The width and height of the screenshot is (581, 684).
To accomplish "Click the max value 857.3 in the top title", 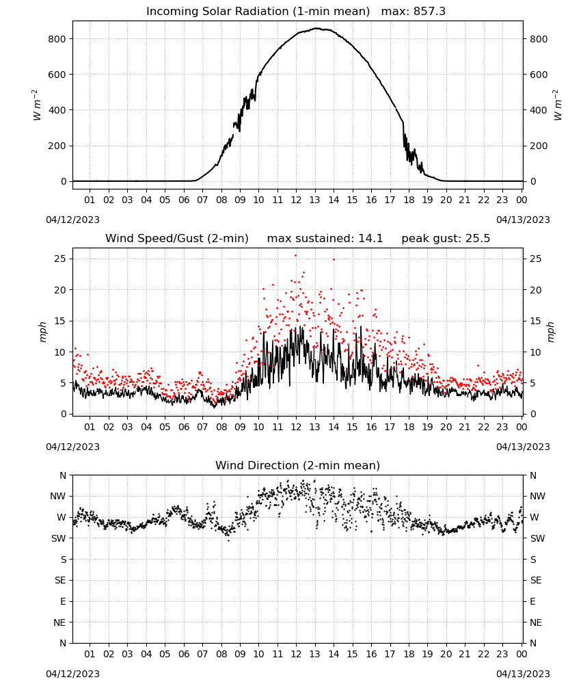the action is (429, 12).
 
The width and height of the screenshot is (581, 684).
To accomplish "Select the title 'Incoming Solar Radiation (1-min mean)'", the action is (258, 12).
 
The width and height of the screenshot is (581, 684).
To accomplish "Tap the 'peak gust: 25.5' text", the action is (446, 239).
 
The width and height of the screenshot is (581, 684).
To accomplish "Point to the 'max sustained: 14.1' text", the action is (325, 239).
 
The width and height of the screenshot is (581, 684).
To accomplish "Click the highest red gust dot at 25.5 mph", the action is (295, 256).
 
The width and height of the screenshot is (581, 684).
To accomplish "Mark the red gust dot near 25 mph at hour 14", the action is (334, 259).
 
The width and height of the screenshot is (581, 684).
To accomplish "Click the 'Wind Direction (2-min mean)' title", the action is (298, 465).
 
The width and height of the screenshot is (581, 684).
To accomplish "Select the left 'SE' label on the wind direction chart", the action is (60, 580).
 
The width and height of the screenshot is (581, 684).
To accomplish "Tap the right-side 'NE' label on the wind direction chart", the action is (536, 622).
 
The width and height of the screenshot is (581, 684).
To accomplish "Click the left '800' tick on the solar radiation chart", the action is (57, 39).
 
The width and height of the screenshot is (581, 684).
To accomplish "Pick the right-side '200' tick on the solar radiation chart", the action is (539, 146).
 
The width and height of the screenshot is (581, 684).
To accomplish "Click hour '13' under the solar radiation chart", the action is (314, 200).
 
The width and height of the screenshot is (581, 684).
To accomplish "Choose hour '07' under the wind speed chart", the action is (202, 427).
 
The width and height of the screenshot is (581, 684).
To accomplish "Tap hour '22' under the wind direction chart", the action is (483, 654).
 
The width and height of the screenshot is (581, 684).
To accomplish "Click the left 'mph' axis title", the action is (42, 332).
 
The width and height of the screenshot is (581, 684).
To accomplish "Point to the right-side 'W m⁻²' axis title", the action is (558, 105).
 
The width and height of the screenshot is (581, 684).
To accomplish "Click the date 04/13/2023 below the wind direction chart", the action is (523, 674).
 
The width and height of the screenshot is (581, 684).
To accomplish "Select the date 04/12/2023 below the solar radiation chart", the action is (72, 220).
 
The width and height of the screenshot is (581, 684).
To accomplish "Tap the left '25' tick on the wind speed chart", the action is (61, 259).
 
